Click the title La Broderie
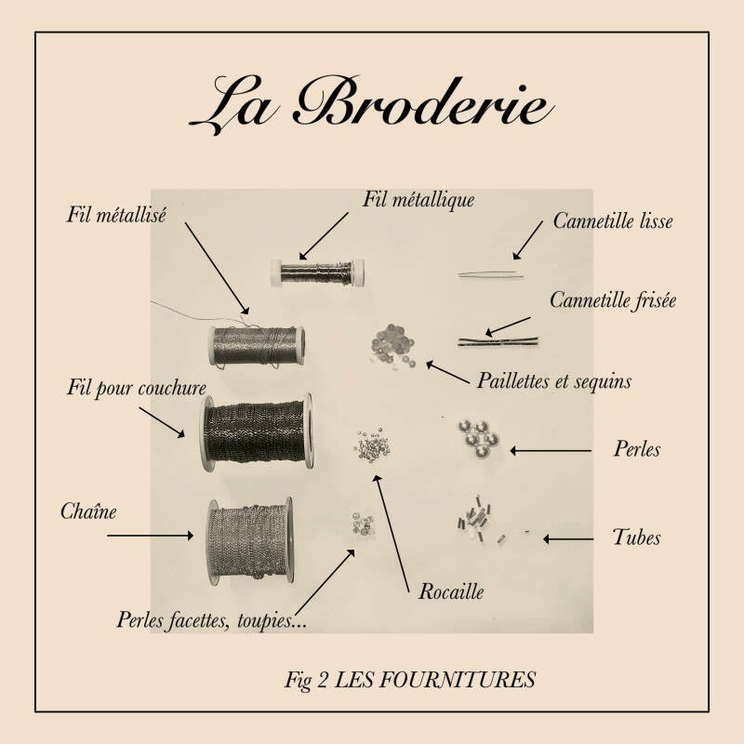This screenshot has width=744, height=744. pyautogui.click(x=371, y=105)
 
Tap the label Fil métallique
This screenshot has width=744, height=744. pyautogui.click(x=418, y=200)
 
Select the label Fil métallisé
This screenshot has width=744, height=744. pyautogui.click(x=116, y=215)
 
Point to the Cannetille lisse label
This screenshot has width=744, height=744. pyautogui.click(x=613, y=220)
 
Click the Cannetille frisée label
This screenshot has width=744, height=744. pyautogui.click(x=613, y=300)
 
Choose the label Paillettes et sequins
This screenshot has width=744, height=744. pyautogui.click(x=553, y=380)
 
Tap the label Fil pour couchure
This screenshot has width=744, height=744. pyautogui.click(x=137, y=388)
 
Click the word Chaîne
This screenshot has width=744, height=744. pyautogui.click(x=88, y=511)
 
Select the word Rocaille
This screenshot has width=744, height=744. pyautogui.click(x=451, y=591)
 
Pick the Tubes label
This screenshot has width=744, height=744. pyautogui.click(x=636, y=538)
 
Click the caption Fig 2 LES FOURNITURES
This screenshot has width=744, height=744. pyautogui.click(x=410, y=680)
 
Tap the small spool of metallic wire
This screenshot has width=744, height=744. pyautogui.click(x=317, y=272)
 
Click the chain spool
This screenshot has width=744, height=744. pyautogui.click(x=250, y=541)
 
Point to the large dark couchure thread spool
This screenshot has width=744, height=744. pyautogui.click(x=257, y=432)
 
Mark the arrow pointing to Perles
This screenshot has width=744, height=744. pyautogui.click(x=551, y=451)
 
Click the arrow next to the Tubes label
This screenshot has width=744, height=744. pyautogui.click(x=568, y=539)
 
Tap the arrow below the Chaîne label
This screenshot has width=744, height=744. pyautogui.click(x=150, y=536)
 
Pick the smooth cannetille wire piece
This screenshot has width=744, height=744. pyautogui.click(x=491, y=274)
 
